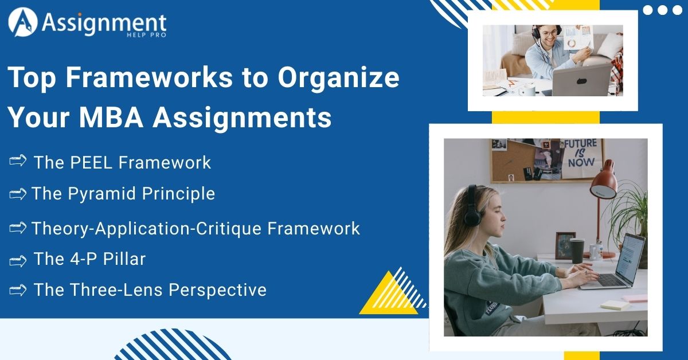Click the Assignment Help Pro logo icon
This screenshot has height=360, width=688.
[22, 22]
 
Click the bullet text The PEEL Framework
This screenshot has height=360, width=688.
[122, 163]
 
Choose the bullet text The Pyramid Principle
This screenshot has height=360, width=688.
[123, 194]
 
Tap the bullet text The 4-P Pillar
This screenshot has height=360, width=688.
[89, 259]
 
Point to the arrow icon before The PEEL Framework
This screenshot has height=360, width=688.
[18, 162]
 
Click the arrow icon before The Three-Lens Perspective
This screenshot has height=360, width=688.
[18, 290]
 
